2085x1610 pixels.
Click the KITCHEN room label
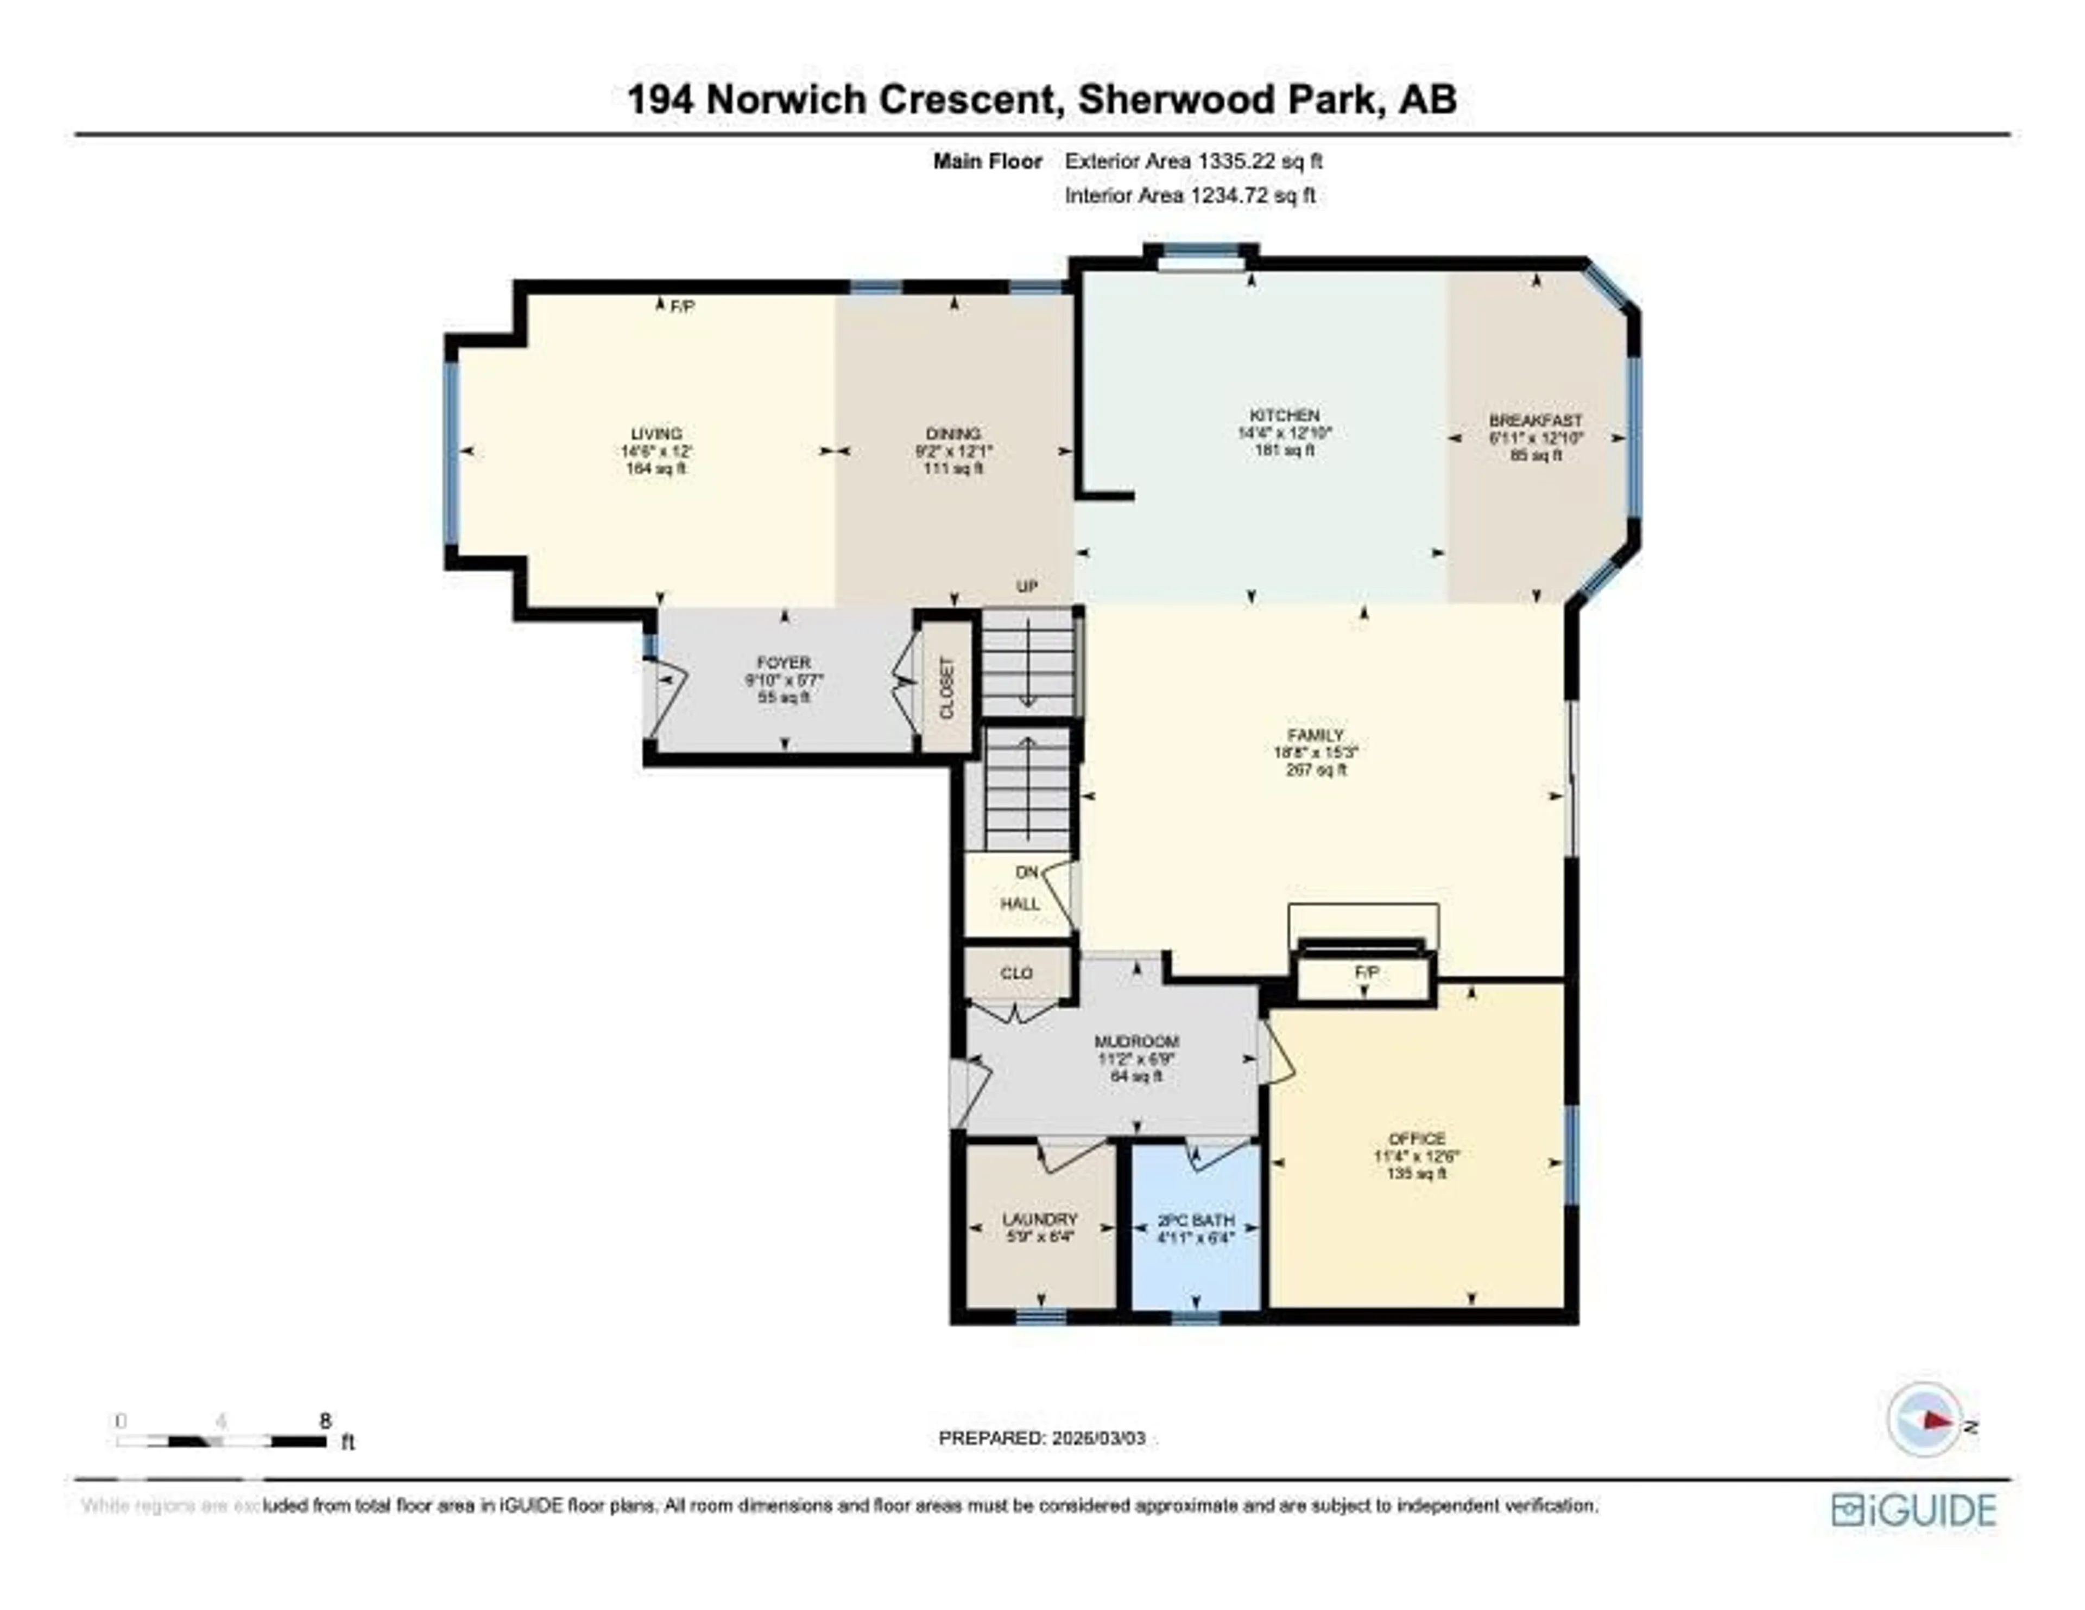click(x=1284, y=415)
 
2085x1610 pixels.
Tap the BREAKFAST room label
click(x=1535, y=420)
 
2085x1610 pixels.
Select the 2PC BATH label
click(x=1195, y=1220)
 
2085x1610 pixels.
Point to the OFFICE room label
click(x=1417, y=1138)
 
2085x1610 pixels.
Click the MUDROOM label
click(x=1136, y=1041)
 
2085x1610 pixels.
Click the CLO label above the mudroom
click(x=1017, y=973)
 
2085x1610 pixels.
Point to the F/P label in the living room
click(x=681, y=307)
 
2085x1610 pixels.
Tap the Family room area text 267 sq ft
click(x=1316, y=769)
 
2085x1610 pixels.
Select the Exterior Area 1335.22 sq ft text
click(x=1193, y=161)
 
